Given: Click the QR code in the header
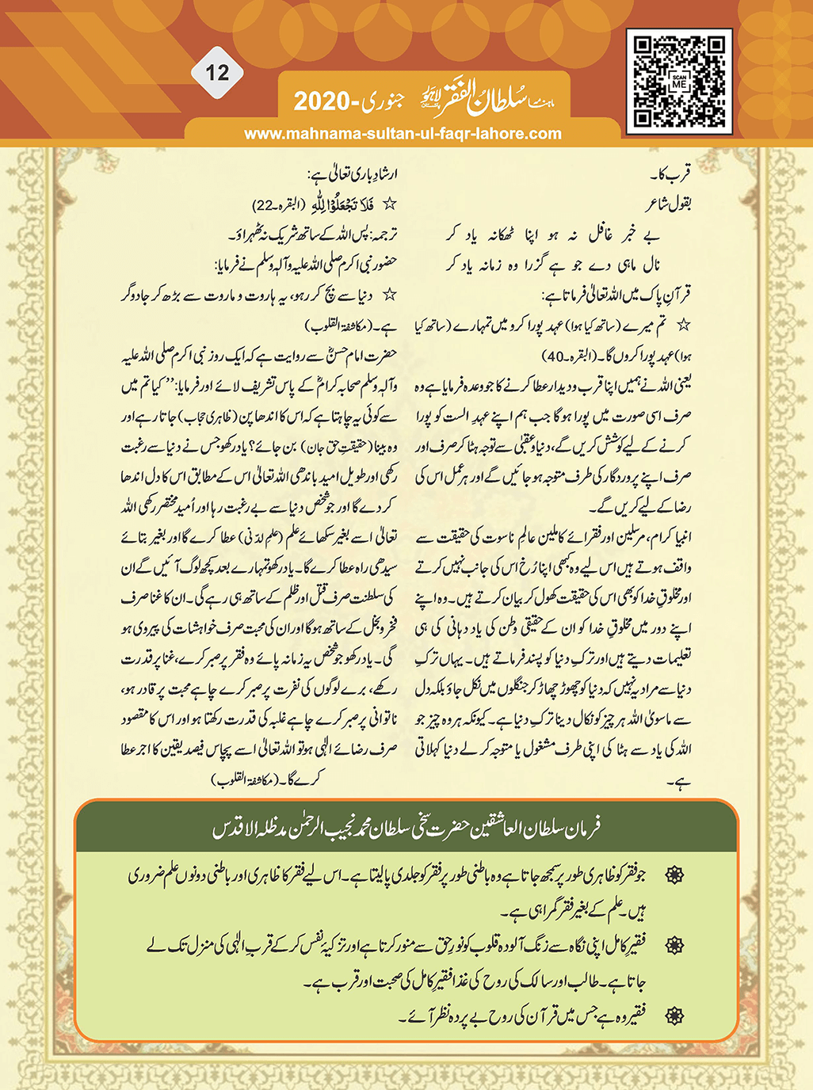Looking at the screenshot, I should [x=679, y=82].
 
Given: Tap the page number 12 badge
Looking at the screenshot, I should [x=217, y=74].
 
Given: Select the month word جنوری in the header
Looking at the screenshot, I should [x=384, y=100].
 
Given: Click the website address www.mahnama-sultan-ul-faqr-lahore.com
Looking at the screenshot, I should [x=403, y=134].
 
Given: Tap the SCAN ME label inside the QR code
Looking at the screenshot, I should [x=679, y=82].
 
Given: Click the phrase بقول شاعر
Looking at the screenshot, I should [x=668, y=204].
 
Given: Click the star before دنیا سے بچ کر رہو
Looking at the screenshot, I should [x=389, y=295].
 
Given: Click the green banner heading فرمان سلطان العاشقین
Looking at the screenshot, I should [x=406, y=829].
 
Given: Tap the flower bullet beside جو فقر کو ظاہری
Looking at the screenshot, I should [x=674, y=875].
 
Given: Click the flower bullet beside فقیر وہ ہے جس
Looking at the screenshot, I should [x=674, y=1016].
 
